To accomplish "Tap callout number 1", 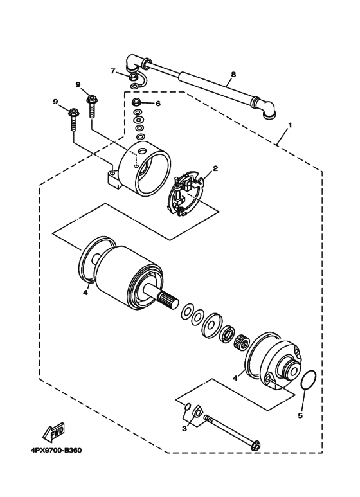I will (291, 124).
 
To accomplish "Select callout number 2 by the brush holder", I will (216, 168).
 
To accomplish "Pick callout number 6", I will (157, 103).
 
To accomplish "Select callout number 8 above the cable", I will (233, 75).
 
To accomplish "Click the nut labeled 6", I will (137, 103).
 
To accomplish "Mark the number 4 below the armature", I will (84, 293).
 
